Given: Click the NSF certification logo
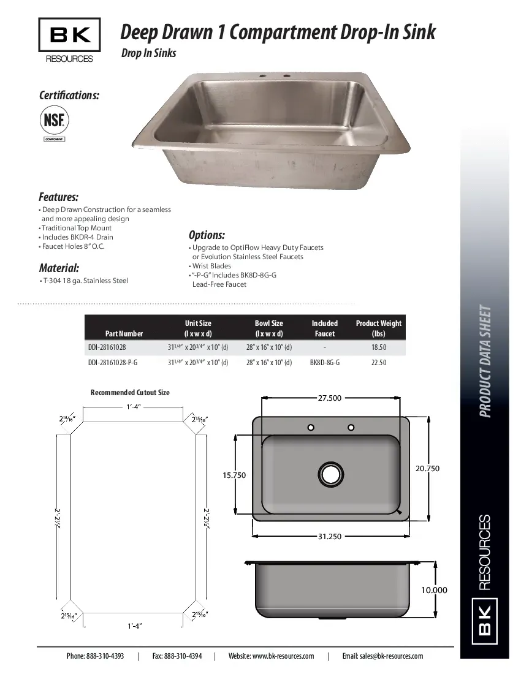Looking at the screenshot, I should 54,119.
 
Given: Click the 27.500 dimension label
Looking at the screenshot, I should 329,398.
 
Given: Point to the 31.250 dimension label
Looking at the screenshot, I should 329,536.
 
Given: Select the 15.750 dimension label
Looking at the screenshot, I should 234,475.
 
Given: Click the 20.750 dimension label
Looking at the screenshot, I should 427,468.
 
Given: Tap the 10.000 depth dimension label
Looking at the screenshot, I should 434,591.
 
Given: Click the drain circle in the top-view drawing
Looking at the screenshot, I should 330,474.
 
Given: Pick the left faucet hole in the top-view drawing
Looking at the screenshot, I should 311,427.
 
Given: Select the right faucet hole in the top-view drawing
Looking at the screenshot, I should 351,427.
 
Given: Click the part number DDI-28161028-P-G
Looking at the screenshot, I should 113,363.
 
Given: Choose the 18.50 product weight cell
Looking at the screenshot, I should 379,347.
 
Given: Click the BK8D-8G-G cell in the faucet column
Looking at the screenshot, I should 325,363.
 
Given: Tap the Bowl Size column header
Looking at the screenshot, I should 269,328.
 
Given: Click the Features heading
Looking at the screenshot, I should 58,197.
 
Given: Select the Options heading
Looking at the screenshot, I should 207,235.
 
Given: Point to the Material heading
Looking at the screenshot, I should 59,268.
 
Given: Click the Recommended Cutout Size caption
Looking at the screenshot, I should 130,392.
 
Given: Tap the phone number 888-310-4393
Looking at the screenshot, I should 95,656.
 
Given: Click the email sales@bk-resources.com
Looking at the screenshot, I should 382,656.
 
